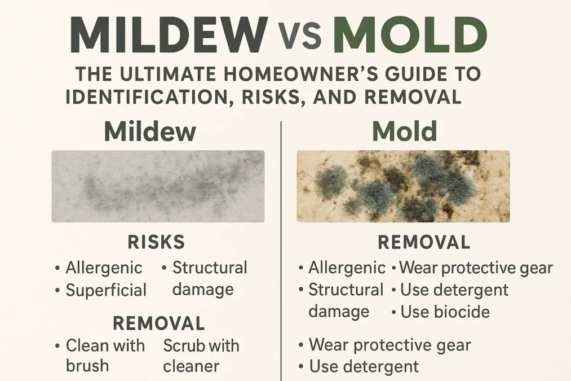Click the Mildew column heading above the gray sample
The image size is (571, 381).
[150, 132]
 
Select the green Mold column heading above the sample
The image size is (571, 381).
[405, 132]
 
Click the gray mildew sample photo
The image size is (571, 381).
[158, 186]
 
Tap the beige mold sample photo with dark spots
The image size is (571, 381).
[403, 186]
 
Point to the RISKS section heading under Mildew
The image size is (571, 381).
[156, 242]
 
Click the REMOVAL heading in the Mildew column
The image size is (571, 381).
[158, 323]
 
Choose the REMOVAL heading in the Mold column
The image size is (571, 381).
[423, 243]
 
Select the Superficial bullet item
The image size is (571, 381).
[106, 290]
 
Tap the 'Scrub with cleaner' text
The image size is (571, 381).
[201, 355]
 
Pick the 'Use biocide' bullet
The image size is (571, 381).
[445, 312]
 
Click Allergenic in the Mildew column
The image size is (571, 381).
[104, 268]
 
